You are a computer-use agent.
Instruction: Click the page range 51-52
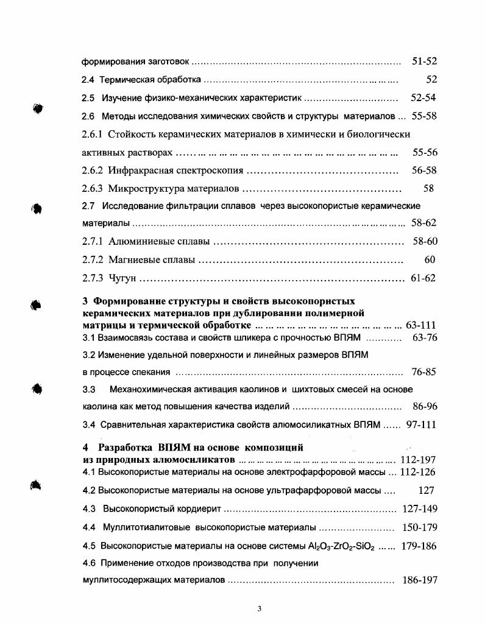pyautogui.click(x=425, y=62)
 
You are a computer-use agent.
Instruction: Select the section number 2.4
pyautogui.click(x=88, y=80)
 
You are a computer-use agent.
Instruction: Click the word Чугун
pyautogui.click(x=122, y=278)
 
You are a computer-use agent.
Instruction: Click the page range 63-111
pyautogui.click(x=420, y=325)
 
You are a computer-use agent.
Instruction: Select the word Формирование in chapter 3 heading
pyautogui.click(x=128, y=301)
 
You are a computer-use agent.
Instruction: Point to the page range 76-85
pyautogui.click(x=424, y=371)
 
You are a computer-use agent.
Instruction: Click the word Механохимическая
pyautogui.click(x=155, y=389)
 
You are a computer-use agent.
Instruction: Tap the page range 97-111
pyautogui.click(x=421, y=424)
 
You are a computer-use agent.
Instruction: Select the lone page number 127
pyautogui.click(x=427, y=490)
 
